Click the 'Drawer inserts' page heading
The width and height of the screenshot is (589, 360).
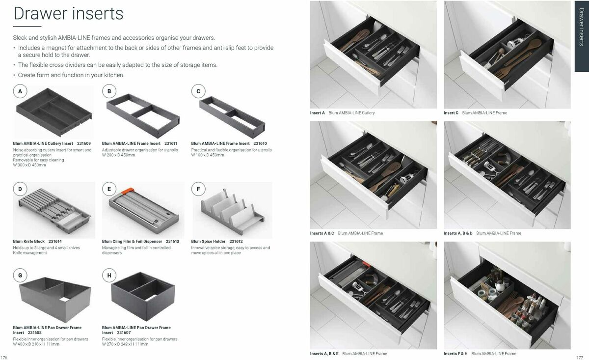point(68,13)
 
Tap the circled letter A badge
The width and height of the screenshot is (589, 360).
point(20,91)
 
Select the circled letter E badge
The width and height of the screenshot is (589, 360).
point(109,189)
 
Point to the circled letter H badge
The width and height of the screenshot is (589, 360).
point(109,275)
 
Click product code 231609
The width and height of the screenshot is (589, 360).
point(84,143)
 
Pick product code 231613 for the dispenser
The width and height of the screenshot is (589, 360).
point(172,242)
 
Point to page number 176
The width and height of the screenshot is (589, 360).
point(5,357)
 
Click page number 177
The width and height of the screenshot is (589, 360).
point(579,357)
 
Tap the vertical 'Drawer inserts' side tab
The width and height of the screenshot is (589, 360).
point(581,34)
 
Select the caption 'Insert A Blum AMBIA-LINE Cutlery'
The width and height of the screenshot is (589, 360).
point(342,113)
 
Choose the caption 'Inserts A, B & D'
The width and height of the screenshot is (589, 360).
point(458,233)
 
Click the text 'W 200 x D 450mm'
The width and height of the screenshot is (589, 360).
point(119,155)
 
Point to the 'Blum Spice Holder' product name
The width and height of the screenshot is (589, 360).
point(209,242)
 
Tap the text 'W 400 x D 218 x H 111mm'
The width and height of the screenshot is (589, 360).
point(36,344)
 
